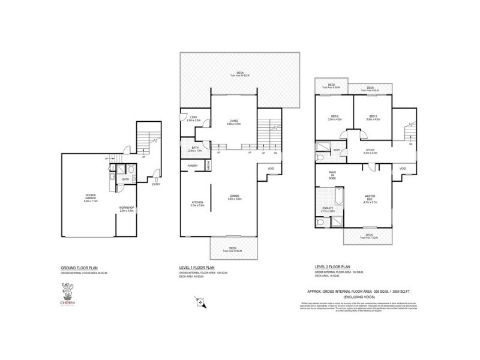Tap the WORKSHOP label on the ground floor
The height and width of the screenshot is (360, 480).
click(x=127, y=209)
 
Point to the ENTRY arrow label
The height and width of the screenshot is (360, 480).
click(x=157, y=184)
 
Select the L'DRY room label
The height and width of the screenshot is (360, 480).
click(x=193, y=119)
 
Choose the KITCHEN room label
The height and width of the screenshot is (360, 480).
click(x=197, y=203)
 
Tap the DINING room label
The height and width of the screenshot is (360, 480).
click(x=235, y=197)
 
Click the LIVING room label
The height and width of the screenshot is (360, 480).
click(x=234, y=122)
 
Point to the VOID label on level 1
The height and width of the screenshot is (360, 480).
click(x=271, y=168)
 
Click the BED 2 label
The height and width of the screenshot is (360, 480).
click(x=334, y=117)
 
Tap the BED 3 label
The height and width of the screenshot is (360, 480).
click(x=373, y=117)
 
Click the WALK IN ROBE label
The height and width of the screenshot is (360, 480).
click(x=331, y=175)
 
